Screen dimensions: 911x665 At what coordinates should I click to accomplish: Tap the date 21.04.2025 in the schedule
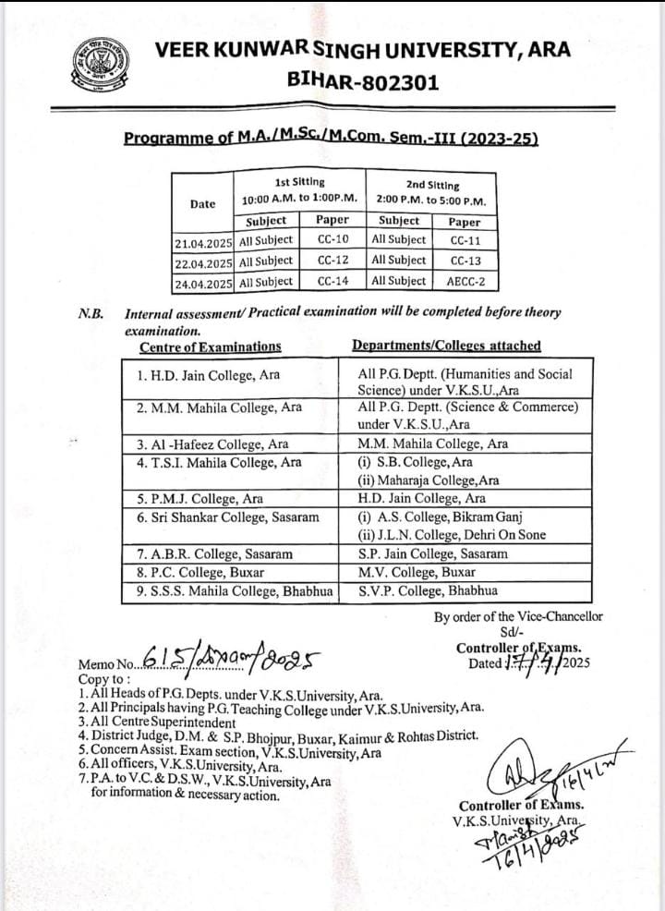point(203,241)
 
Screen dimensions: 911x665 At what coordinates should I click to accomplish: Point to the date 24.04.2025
point(203,283)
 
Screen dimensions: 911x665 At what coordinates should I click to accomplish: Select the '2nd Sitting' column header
point(431,185)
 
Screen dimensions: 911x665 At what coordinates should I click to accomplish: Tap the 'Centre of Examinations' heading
point(211,346)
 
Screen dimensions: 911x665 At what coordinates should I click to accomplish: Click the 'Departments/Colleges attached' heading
point(446,346)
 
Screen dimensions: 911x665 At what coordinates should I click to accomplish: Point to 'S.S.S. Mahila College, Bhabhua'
point(235,591)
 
